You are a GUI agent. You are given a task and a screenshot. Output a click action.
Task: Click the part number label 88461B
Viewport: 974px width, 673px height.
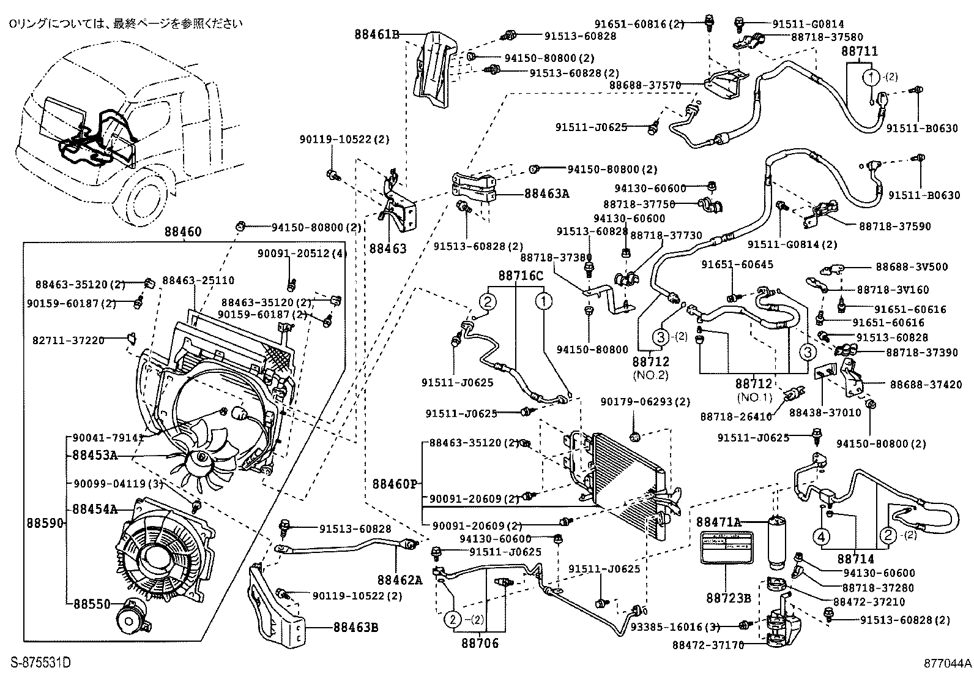376,35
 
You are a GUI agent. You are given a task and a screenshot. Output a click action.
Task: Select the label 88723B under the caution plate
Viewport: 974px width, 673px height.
726,598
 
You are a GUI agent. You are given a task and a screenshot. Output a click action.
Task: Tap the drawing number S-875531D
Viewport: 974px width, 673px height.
41,662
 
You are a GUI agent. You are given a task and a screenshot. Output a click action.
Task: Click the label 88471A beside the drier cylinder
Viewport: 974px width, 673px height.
719,522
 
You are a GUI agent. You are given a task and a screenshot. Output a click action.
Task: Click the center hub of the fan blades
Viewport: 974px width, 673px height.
200,457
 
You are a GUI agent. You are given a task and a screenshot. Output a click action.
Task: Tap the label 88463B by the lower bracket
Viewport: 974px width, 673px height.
356,627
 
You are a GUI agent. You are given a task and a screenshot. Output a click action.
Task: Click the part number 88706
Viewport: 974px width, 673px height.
480,643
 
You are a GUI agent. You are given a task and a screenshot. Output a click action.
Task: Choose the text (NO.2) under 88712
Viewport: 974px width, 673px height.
650,374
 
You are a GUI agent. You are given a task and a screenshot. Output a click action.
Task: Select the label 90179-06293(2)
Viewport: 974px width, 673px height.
636,402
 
